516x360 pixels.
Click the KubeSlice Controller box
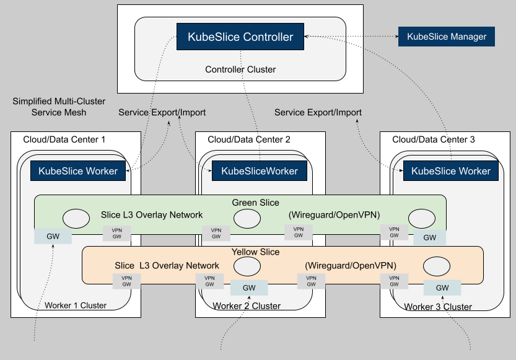click(x=240, y=37)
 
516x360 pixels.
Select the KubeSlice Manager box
click(x=447, y=37)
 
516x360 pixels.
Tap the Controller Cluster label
click(x=240, y=69)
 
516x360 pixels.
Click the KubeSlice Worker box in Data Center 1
click(x=78, y=170)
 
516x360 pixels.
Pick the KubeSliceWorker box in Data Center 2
click(x=260, y=170)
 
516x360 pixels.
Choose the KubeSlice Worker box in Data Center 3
click(x=451, y=170)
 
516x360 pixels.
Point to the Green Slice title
click(x=255, y=203)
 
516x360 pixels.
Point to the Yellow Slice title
click(x=255, y=252)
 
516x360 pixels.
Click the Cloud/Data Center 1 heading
click(x=64, y=139)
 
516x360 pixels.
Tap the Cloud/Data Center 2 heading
click(x=249, y=139)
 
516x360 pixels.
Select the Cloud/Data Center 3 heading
click(x=434, y=139)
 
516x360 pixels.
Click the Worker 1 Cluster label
click(x=76, y=305)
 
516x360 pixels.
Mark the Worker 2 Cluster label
click(x=247, y=305)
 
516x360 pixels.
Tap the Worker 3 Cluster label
click(x=438, y=306)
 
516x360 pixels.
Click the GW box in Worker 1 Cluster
click(x=53, y=237)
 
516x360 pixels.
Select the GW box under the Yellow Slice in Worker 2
click(x=249, y=288)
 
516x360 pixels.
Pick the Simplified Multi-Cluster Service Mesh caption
click(x=59, y=107)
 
